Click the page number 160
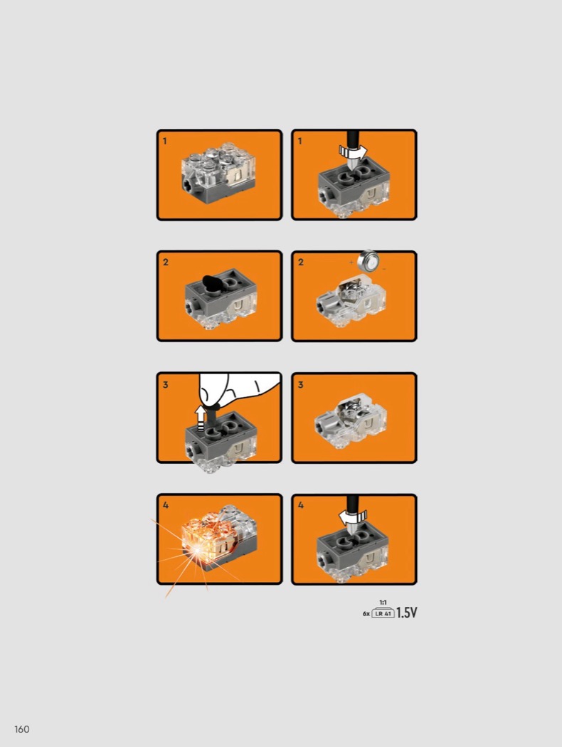22,729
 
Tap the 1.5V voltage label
406,613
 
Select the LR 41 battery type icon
383,613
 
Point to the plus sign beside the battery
351,262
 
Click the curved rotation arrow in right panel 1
353,152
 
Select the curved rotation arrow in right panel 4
353,516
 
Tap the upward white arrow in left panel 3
201,418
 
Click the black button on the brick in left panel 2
211,282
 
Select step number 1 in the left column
165,141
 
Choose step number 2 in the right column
300,262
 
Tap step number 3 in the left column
165,384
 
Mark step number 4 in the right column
300,505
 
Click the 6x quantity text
366,613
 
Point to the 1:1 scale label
383,603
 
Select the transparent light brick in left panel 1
219,174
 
